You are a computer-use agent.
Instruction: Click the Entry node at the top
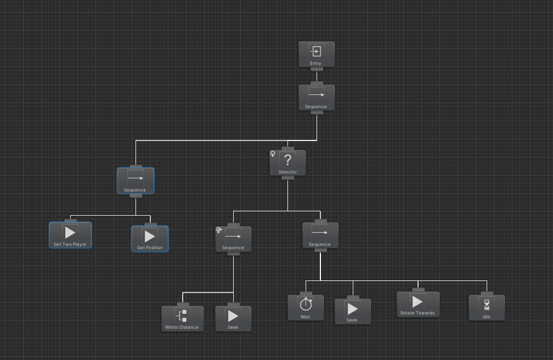pyautogui.click(x=316, y=54)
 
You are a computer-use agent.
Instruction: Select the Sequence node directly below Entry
pyautogui.click(x=316, y=98)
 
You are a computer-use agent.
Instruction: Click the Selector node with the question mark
pyautogui.click(x=287, y=163)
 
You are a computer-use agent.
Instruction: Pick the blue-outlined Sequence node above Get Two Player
pyautogui.click(x=136, y=181)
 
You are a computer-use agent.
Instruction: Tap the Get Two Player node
pyautogui.click(x=70, y=235)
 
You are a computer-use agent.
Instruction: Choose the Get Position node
pyautogui.click(x=150, y=239)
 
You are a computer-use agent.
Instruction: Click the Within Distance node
pyautogui.click(x=182, y=318)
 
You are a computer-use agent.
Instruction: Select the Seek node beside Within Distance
pyautogui.click(x=233, y=318)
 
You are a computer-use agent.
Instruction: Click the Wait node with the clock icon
pyautogui.click(x=306, y=307)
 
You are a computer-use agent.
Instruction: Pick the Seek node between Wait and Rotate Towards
pyautogui.click(x=353, y=311)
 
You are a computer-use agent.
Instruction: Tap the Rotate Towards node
pyautogui.click(x=418, y=304)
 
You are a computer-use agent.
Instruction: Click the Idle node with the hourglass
pyautogui.click(x=487, y=307)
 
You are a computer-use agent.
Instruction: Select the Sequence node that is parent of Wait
pyautogui.click(x=320, y=235)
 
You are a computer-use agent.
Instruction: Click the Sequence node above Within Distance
pyautogui.click(x=233, y=239)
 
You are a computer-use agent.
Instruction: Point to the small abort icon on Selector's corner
pyautogui.click(x=273, y=154)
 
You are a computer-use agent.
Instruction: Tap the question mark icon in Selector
pyautogui.click(x=287, y=160)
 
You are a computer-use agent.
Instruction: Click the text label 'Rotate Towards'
pyautogui.click(x=418, y=313)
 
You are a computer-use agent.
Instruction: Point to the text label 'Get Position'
pyautogui.click(x=150, y=248)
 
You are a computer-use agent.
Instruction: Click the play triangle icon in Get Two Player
pyautogui.click(x=70, y=232)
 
